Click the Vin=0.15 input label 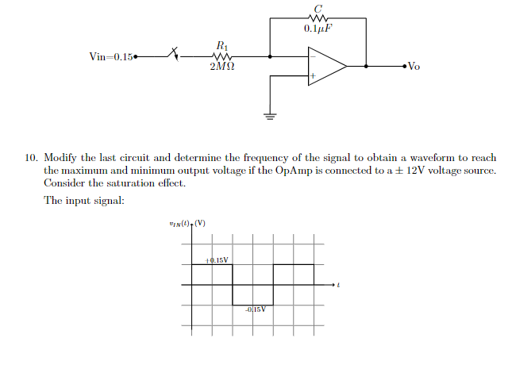112,56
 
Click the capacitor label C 318,8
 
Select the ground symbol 270,117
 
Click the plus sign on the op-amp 313,77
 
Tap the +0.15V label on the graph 217,259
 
